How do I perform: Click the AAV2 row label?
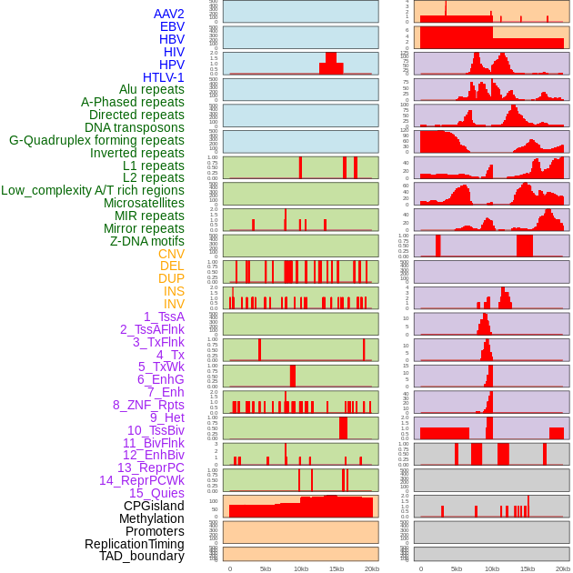click(168, 14)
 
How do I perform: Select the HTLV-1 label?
click(163, 77)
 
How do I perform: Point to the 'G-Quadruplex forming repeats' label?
click(96, 140)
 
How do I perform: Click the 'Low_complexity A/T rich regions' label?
click(93, 190)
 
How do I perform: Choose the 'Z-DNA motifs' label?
click(146, 241)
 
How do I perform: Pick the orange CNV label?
click(171, 254)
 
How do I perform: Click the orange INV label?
click(174, 304)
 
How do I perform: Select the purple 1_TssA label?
click(164, 317)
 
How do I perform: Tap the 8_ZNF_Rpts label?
click(148, 405)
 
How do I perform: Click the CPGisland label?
click(154, 506)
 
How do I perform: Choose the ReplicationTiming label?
click(134, 544)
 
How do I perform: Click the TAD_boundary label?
click(141, 556)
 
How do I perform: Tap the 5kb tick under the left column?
click(266, 568)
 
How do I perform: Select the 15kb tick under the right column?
click(527, 568)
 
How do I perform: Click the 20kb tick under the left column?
click(371, 568)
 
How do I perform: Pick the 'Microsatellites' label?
click(144, 203)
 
